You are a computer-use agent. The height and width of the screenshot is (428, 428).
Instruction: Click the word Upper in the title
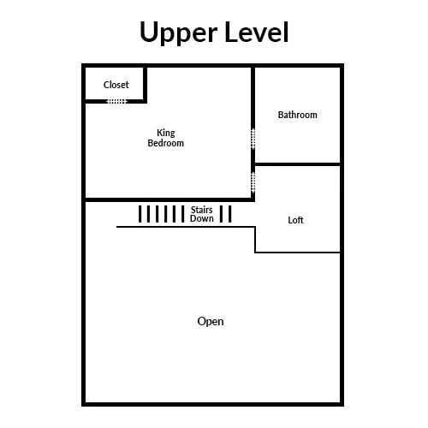click(x=179, y=33)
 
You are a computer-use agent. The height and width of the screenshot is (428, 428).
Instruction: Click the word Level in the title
click(x=257, y=32)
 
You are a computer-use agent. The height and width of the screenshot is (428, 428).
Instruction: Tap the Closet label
click(x=116, y=85)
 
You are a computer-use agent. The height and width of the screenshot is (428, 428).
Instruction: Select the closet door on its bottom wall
click(x=116, y=101)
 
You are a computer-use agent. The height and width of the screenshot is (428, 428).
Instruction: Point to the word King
click(x=166, y=134)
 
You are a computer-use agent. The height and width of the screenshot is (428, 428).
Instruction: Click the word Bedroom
click(x=166, y=143)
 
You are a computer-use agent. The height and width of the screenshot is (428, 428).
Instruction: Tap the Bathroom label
click(x=298, y=115)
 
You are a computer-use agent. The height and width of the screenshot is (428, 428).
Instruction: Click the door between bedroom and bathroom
click(x=253, y=139)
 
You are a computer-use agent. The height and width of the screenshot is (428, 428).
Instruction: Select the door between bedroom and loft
click(x=253, y=182)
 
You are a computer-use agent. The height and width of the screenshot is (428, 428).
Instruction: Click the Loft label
click(x=295, y=220)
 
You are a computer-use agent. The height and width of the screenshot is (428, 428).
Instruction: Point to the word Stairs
click(x=202, y=210)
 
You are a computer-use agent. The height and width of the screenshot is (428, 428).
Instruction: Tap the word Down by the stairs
click(x=202, y=218)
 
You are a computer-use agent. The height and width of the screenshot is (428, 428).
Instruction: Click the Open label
click(x=211, y=322)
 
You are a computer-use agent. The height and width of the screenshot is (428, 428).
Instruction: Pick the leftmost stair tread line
click(x=140, y=214)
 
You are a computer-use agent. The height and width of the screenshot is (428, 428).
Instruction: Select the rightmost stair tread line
click(x=230, y=214)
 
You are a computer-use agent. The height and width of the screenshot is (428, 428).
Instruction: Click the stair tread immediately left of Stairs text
click(x=182, y=214)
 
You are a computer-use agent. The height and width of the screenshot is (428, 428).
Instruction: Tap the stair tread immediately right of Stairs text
click(x=221, y=214)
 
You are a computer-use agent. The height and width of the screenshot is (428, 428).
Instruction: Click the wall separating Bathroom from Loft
click(x=297, y=164)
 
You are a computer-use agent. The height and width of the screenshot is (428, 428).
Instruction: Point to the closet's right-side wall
click(x=145, y=85)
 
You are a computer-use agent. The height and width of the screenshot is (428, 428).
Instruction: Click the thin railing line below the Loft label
click(x=298, y=253)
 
